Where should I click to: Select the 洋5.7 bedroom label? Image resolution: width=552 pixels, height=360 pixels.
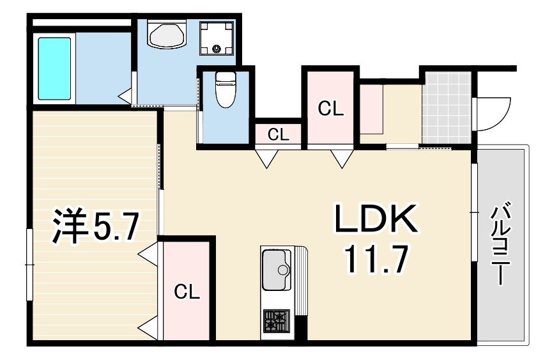(95, 226)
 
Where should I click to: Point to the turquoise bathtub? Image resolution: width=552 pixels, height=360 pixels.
(54, 68)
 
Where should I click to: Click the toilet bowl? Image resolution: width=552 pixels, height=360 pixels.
(225, 90)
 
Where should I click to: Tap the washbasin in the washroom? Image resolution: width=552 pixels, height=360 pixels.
(167, 35)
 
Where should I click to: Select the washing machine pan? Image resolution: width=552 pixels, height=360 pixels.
(217, 38)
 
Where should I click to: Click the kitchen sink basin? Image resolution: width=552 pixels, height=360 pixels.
(277, 270)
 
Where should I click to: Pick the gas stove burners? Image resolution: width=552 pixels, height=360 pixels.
(277, 321)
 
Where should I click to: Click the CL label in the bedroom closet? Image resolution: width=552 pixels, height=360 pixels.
(187, 292)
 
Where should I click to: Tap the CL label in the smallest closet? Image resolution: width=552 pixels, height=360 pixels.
(278, 135)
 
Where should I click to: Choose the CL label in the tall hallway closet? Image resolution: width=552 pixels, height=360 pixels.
(330, 109)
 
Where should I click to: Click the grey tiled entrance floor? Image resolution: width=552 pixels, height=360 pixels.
(447, 108)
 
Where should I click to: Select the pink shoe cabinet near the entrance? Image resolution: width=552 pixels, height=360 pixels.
(371, 109)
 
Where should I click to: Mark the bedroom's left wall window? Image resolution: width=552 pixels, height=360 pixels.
(29, 264)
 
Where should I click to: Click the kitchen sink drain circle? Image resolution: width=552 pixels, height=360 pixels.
(282, 270)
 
